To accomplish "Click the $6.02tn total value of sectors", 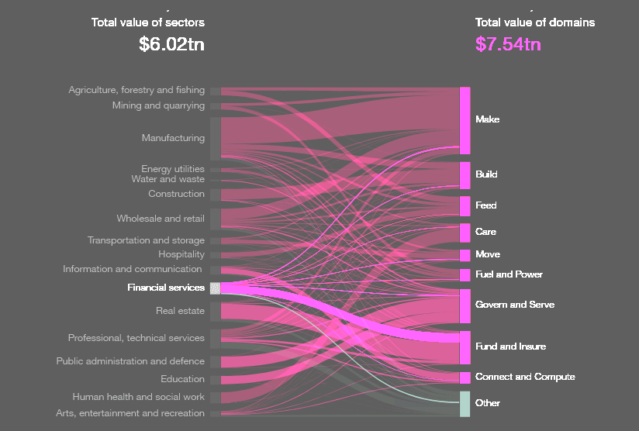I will pyautogui.click(x=171, y=44).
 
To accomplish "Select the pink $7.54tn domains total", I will pyautogui.click(x=508, y=44).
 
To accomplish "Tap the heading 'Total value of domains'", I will pyautogui.click(x=535, y=22).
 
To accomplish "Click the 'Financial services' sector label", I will pyautogui.click(x=166, y=288).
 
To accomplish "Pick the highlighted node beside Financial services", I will pyautogui.click(x=215, y=288).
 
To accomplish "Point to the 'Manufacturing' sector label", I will pyautogui.click(x=173, y=138).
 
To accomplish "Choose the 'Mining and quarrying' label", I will pyautogui.click(x=158, y=105).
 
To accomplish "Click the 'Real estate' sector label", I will pyautogui.click(x=180, y=311).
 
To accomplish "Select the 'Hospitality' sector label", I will pyautogui.click(x=181, y=254).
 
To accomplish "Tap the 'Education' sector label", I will pyautogui.click(x=182, y=379).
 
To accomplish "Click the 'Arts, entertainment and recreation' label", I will pyautogui.click(x=130, y=413).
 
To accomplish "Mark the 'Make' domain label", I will pyautogui.click(x=487, y=119).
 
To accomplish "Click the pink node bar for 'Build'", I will pyautogui.click(x=465, y=175).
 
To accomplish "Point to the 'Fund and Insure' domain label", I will pyautogui.click(x=510, y=347).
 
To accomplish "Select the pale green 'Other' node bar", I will pyautogui.click(x=465, y=404).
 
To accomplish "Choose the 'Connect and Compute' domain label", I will pyautogui.click(x=525, y=377).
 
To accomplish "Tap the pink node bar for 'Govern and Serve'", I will pyautogui.click(x=465, y=305).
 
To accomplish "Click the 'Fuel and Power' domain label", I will pyautogui.click(x=509, y=274).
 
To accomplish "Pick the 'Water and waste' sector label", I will pyautogui.click(x=168, y=179).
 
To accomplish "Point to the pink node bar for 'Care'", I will pyautogui.click(x=465, y=233).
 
